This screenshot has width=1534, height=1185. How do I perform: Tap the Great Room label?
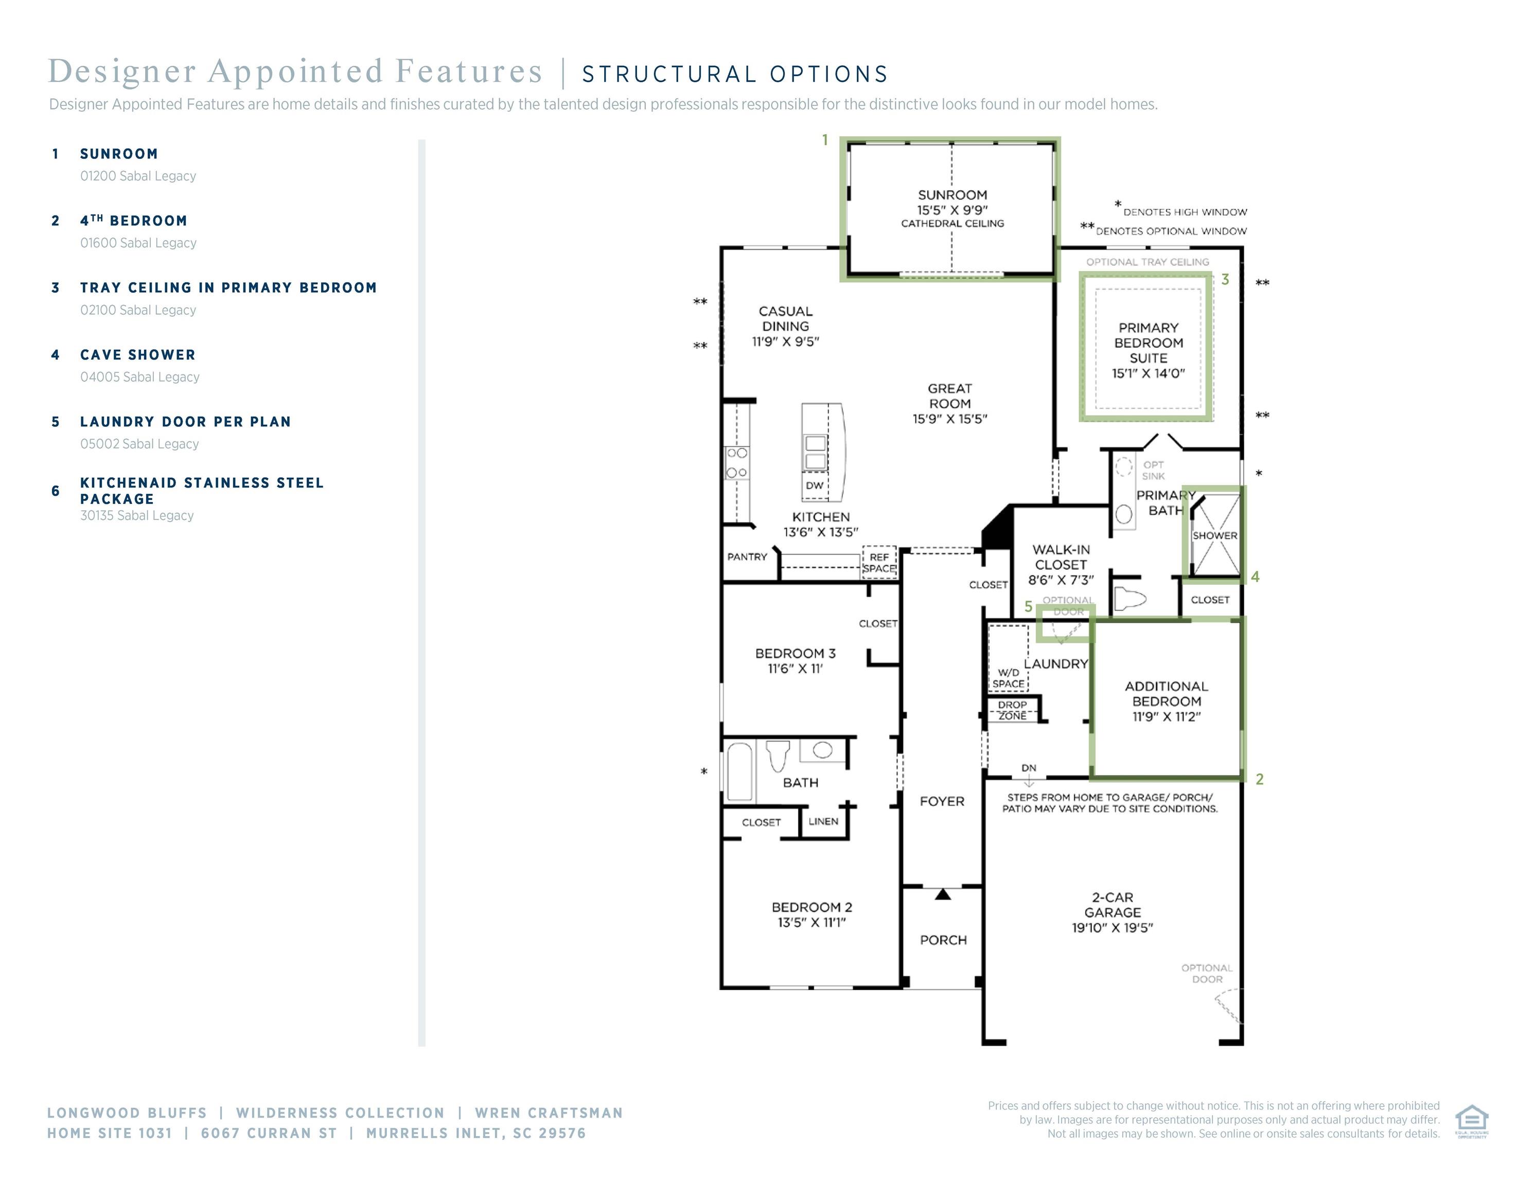coord(949,396)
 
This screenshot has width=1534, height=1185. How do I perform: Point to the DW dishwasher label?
coord(815,485)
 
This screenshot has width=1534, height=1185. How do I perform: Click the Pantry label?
coord(747,556)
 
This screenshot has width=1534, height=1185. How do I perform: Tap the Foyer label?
coord(942,801)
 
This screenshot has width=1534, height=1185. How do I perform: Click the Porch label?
coord(943,940)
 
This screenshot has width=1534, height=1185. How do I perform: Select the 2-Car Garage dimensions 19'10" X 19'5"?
coord(1113,928)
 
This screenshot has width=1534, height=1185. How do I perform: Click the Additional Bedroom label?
coord(1167,694)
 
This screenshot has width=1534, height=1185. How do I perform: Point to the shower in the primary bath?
coord(1215,535)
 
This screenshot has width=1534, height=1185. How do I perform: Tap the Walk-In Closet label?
coord(1061,558)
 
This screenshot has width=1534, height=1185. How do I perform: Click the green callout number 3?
coord(1225,279)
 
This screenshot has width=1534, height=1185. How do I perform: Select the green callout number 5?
coord(1028,606)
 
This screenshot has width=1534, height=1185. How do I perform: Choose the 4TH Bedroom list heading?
coord(133,221)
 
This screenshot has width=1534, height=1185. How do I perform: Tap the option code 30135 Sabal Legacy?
coord(137,515)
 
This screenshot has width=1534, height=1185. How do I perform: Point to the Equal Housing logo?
coord(1472,1121)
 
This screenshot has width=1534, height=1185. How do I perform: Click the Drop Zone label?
coord(1012,710)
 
